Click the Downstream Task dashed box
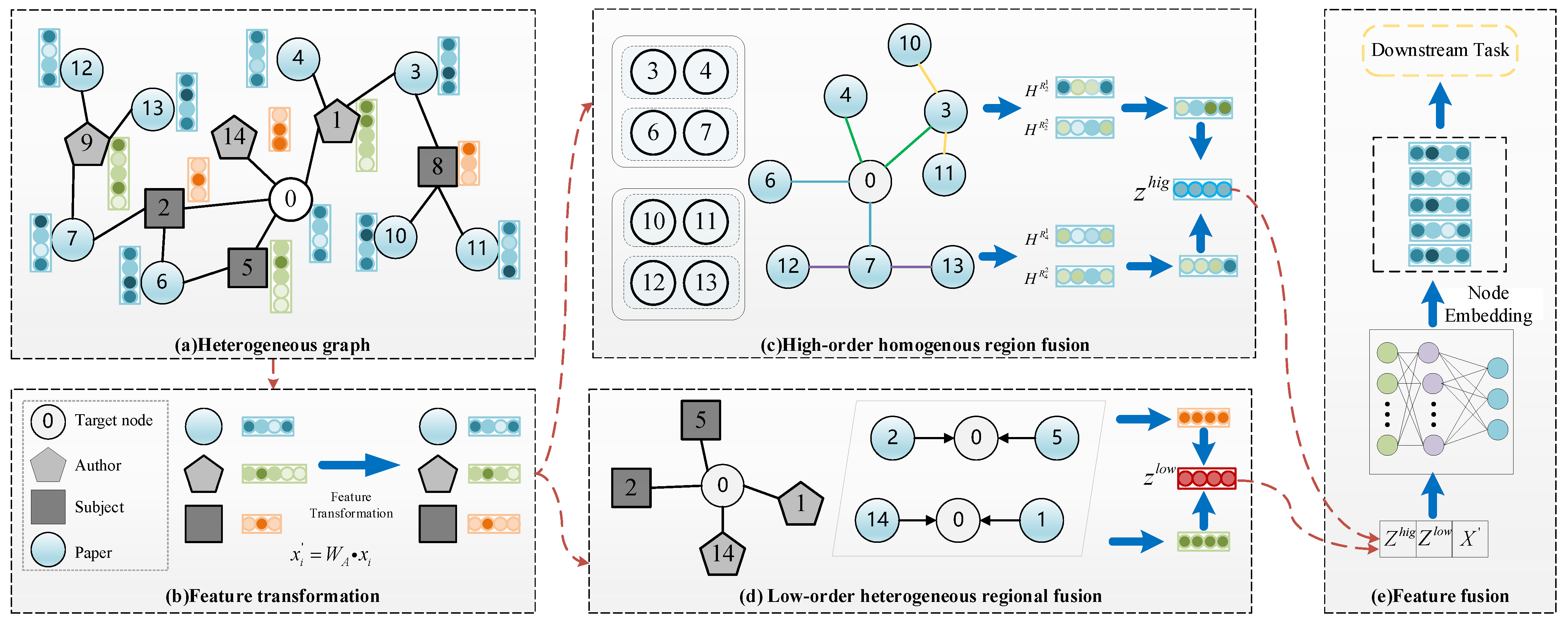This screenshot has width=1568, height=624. click(x=1439, y=51)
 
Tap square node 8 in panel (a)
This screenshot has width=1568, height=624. click(x=437, y=166)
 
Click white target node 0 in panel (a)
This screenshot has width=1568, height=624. click(x=290, y=198)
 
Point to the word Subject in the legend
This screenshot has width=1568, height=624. click(x=99, y=507)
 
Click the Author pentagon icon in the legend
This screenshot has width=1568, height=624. click(x=48, y=466)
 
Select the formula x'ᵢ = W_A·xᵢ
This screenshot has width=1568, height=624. click(x=331, y=555)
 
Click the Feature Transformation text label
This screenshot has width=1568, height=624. click(x=351, y=505)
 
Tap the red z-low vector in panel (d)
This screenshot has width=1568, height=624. click(x=1206, y=478)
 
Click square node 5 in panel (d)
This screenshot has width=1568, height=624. click(x=700, y=420)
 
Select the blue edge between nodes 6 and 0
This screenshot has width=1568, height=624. click(x=820, y=181)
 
